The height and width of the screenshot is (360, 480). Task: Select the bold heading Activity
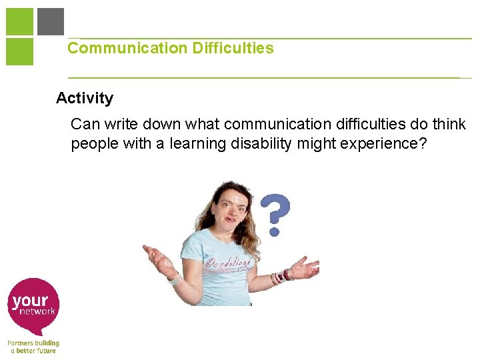click(85, 98)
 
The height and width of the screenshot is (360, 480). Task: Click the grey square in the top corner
click(51, 21)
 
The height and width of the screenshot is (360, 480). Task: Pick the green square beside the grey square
click(19, 21)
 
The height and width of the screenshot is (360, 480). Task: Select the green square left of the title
click(19, 51)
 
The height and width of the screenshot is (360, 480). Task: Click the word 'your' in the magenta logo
click(30, 301)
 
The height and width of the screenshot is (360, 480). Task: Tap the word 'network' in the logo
click(37, 311)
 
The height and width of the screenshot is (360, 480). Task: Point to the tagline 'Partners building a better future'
click(33, 347)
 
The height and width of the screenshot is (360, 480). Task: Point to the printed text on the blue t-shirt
click(228, 264)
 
